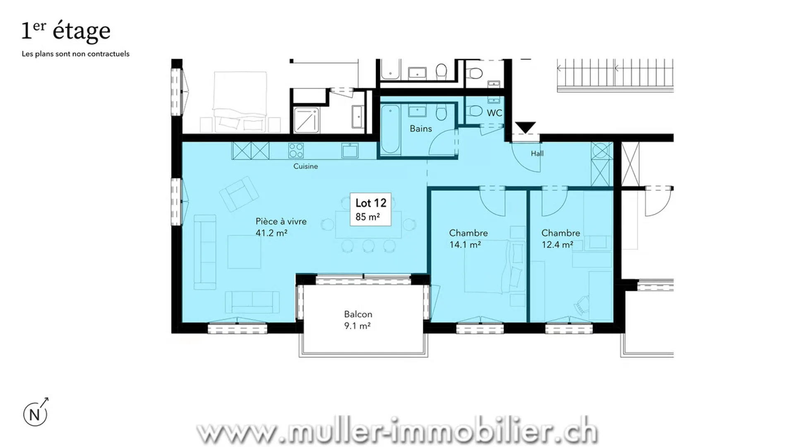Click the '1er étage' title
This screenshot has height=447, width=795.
(66, 31)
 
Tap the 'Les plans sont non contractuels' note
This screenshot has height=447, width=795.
(75, 54)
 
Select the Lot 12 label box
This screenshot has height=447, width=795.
(371, 209)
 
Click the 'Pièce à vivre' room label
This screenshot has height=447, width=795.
(281, 221)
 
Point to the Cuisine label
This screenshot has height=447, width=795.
(306, 166)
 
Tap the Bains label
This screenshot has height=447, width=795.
(421, 129)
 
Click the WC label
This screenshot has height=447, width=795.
(494, 113)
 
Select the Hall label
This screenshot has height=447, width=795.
(537, 154)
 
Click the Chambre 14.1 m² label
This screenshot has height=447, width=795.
(468, 239)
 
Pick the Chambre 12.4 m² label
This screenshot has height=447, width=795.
(561, 239)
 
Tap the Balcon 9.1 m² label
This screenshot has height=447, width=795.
(358, 320)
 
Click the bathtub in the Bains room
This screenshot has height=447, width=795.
(390, 129)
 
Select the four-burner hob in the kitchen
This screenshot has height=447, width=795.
(296, 151)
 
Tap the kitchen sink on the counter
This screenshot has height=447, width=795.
(350, 151)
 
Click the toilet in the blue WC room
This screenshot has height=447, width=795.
(475, 111)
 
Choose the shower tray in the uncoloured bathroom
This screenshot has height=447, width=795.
(306, 120)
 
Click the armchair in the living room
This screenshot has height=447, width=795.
(239, 194)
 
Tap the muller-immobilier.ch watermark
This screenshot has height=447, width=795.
(397, 432)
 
